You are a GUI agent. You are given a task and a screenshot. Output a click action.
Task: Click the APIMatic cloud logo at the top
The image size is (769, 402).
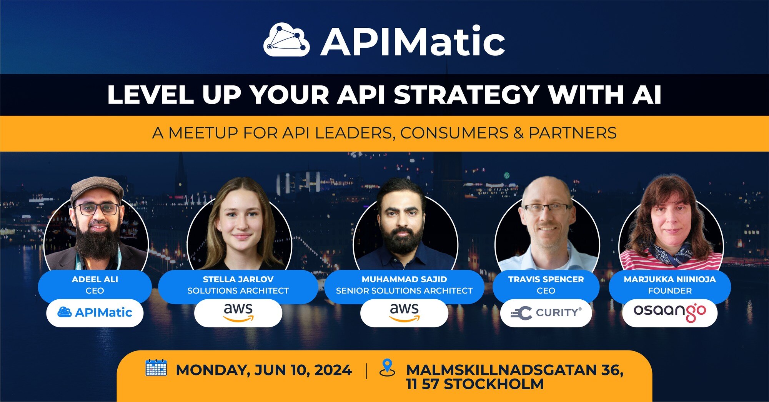286,40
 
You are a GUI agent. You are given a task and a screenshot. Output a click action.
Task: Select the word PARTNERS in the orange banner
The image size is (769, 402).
573,133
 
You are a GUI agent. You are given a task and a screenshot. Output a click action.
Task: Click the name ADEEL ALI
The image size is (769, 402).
95,279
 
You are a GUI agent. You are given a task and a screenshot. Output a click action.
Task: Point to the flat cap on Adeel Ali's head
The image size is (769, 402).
97,188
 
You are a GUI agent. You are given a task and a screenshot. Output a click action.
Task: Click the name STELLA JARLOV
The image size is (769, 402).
238,279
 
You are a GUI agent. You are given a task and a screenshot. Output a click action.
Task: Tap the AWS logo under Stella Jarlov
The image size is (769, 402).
238,312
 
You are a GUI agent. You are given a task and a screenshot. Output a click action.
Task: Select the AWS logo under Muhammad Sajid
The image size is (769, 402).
404,312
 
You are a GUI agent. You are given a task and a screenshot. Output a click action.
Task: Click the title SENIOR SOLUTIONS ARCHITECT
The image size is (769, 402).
404,291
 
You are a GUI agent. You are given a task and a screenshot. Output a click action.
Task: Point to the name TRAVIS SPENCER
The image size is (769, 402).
546,279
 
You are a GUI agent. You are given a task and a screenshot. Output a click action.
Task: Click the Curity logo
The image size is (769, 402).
546,313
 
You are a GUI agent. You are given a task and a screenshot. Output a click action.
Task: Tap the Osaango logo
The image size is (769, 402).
669,312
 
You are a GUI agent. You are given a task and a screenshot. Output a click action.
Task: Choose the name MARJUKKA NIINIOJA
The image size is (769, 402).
669,279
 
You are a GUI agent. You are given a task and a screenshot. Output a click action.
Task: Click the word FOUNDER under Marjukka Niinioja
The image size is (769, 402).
669,291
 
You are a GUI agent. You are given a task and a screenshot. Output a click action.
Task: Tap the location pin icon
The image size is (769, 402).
387,367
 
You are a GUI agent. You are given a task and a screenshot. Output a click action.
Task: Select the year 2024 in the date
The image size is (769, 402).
333,370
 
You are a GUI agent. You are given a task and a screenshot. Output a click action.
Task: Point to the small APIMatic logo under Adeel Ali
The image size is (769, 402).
95,312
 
